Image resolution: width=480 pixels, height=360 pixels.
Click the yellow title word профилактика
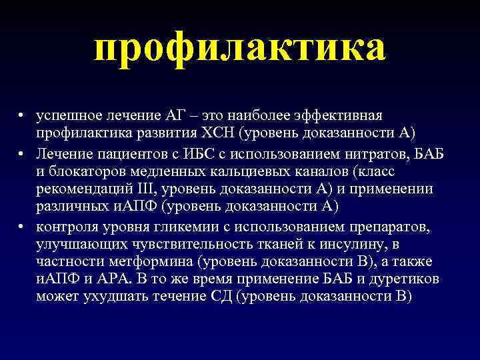pos(240,49)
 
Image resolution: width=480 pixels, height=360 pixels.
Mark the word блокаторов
pos(85,171)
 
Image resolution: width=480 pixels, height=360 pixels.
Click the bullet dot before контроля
pos(22,226)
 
